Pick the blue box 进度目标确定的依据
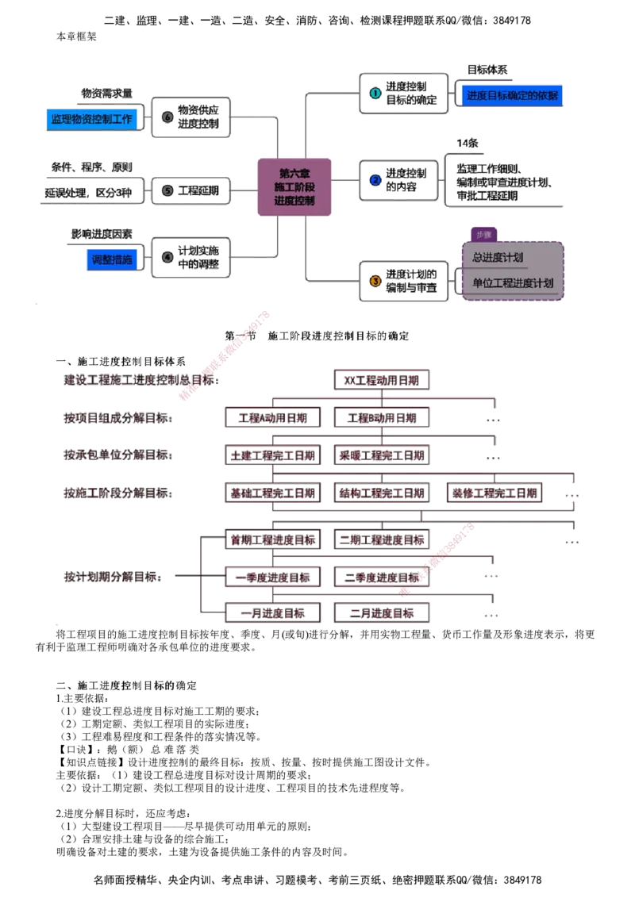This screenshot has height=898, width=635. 512,96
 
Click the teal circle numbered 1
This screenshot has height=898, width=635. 375,92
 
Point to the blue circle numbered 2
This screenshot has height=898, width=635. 375,180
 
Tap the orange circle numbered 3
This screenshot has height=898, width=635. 375,280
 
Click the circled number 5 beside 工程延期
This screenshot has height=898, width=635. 167,190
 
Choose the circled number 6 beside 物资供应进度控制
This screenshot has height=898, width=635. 167,117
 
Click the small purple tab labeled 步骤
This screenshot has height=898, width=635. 483,235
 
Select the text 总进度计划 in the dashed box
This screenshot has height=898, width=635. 498,258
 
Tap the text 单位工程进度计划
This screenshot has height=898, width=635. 513,283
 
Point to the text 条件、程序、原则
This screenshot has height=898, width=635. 92,167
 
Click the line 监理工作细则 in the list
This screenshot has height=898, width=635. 488,169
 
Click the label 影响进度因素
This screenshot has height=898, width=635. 102,235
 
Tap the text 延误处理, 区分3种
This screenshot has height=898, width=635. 89,193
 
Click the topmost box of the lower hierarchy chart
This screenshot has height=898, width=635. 383,381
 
